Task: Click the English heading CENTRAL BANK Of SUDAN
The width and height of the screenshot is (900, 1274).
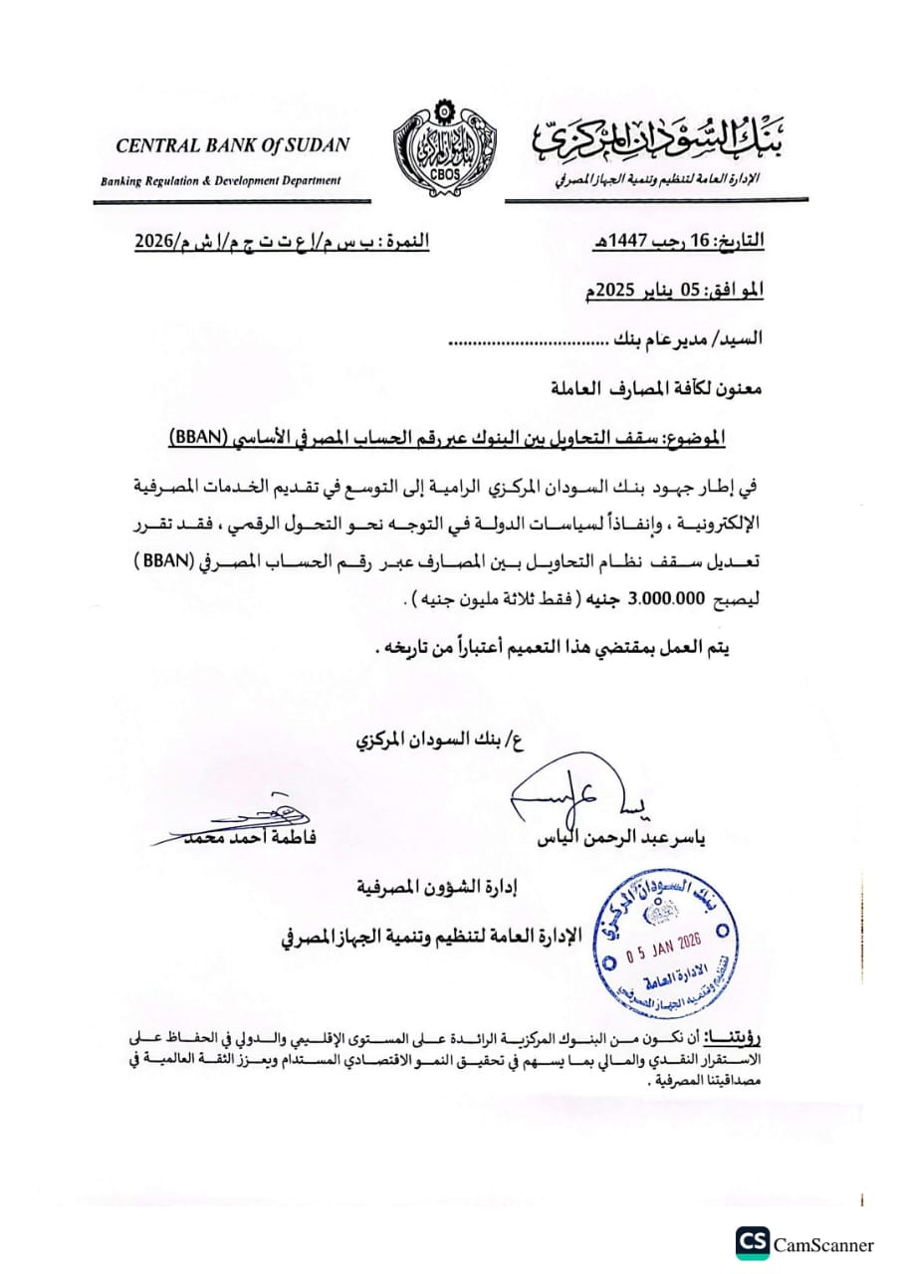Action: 233,145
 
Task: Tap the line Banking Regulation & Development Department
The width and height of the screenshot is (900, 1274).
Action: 220,180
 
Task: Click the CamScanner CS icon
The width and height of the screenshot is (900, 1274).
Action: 753,1243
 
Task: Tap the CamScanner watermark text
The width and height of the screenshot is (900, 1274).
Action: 824,1244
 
